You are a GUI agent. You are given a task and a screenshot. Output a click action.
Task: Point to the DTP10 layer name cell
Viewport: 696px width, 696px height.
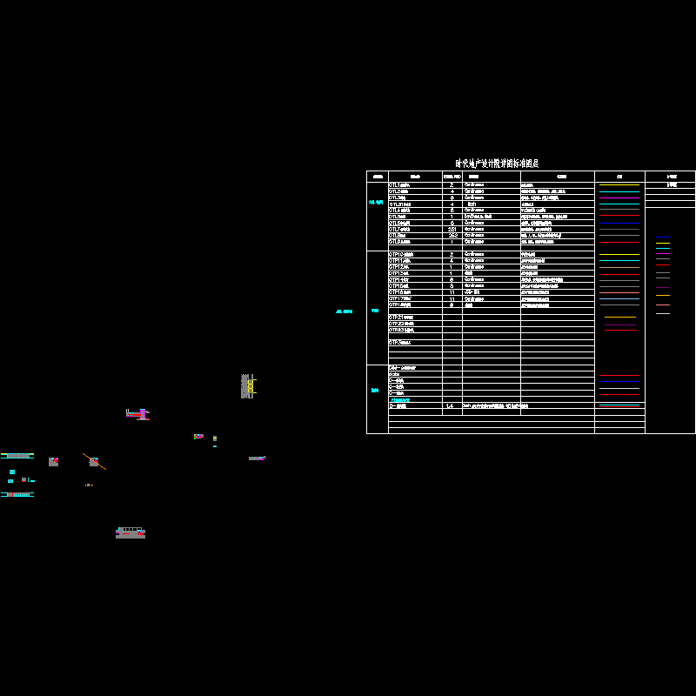(401, 254)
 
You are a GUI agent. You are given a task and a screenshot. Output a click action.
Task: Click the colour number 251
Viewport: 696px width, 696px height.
(452, 229)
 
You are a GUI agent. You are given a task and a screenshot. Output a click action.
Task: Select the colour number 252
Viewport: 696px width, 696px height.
(452, 235)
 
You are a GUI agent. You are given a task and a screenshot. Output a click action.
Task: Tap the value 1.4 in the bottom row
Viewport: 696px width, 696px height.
(450, 406)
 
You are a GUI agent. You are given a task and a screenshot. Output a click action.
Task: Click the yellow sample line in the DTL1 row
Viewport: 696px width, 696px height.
(619, 185)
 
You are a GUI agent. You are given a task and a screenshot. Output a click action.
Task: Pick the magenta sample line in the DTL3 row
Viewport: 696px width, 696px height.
(619, 197)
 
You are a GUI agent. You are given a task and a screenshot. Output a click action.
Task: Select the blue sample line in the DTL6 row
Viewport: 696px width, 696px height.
(619, 223)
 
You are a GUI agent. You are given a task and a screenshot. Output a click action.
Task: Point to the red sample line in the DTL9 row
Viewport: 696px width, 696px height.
(619, 242)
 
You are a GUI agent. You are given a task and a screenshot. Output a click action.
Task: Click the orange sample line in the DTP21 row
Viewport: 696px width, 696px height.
(619, 318)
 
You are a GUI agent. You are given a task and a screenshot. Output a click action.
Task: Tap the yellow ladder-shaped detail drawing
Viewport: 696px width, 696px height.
(251, 386)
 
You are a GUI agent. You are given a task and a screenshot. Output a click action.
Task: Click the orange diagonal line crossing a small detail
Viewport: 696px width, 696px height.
(95, 461)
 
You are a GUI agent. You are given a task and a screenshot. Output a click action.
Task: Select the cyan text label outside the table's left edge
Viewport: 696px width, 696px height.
(345, 311)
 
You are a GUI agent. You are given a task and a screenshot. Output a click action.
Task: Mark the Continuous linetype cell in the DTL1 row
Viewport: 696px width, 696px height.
(475, 185)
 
